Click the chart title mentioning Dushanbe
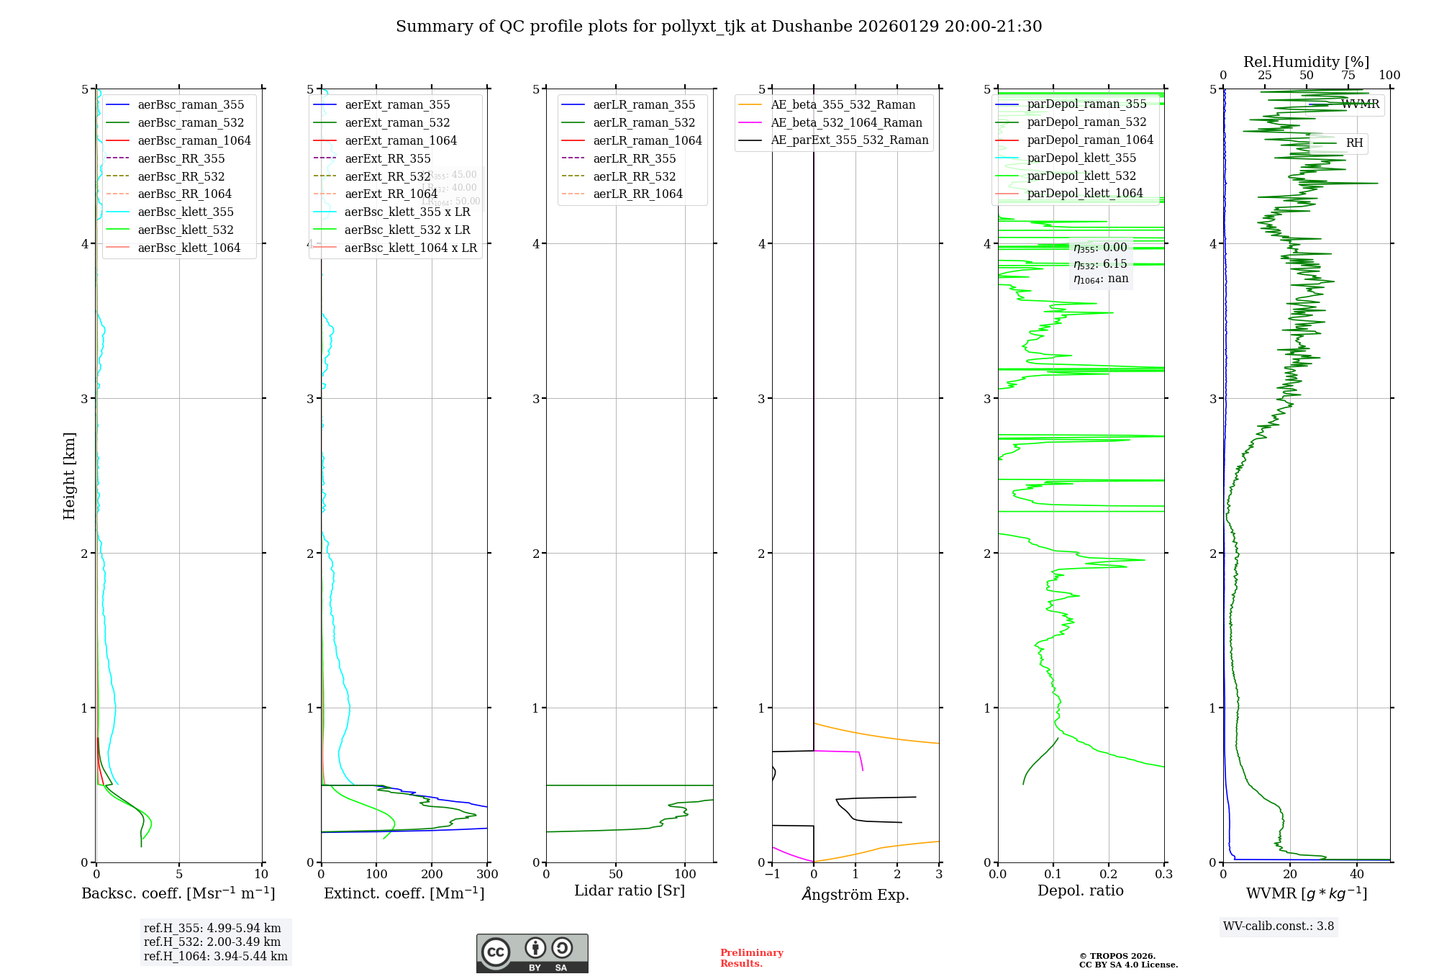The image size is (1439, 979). pyautogui.click(x=719, y=27)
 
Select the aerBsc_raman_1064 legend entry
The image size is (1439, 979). pyautogui.click(x=194, y=140)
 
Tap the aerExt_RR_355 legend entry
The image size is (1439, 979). pyautogui.click(x=387, y=158)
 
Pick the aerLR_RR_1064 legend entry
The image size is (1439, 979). pyautogui.click(x=637, y=194)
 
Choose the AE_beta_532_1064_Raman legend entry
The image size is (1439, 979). pyautogui.click(x=846, y=122)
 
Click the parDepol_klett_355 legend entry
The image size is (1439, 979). pyautogui.click(x=1081, y=158)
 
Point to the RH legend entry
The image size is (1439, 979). pyautogui.click(x=1354, y=143)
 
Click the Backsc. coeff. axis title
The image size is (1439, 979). pyautogui.click(x=178, y=893)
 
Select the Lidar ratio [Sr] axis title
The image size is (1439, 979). pyautogui.click(x=630, y=890)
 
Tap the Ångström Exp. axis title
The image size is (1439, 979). pyautogui.click(x=855, y=895)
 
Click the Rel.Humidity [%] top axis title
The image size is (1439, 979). pyautogui.click(x=1306, y=62)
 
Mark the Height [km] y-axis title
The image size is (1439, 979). pyautogui.click(x=69, y=475)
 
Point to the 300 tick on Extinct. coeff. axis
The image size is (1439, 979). pyautogui.click(x=488, y=875)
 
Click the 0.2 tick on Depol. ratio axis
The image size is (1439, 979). pyautogui.click(x=1109, y=875)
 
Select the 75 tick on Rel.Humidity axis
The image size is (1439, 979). pyautogui.click(x=1348, y=76)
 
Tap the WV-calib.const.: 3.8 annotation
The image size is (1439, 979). pyautogui.click(x=1279, y=926)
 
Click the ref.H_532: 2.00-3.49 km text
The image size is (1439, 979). pyautogui.click(x=212, y=942)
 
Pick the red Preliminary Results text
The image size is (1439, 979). pyautogui.click(x=751, y=958)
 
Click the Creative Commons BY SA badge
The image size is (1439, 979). pyautogui.click(x=532, y=954)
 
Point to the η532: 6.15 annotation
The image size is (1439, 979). pyautogui.click(x=1100, y=263)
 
